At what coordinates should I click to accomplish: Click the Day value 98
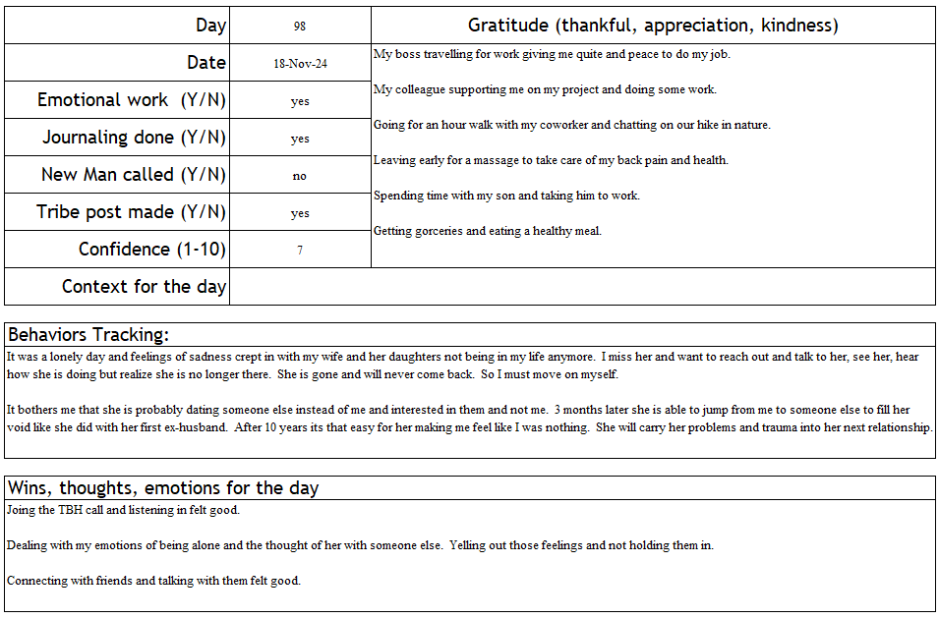(x=300, y=27)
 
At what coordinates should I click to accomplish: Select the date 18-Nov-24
(x=300, y=64)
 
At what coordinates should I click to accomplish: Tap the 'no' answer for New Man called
(x=300, y=176)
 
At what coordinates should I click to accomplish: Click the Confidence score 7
(x=300, y=251)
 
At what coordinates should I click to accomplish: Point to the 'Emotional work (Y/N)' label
(x=132, y=100)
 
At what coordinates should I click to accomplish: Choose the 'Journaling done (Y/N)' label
(x=134, y=138)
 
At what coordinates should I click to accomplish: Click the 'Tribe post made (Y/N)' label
(x=132, y=212)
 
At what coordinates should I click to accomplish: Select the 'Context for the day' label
(x=144, y=287)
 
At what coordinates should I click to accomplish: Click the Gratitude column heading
(x=653, y=26)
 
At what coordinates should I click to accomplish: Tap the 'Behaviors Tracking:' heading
(x=88, y=334)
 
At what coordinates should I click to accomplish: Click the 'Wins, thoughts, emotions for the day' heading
(x=163, y=487)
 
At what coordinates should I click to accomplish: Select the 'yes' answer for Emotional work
(x=300, y=101)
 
